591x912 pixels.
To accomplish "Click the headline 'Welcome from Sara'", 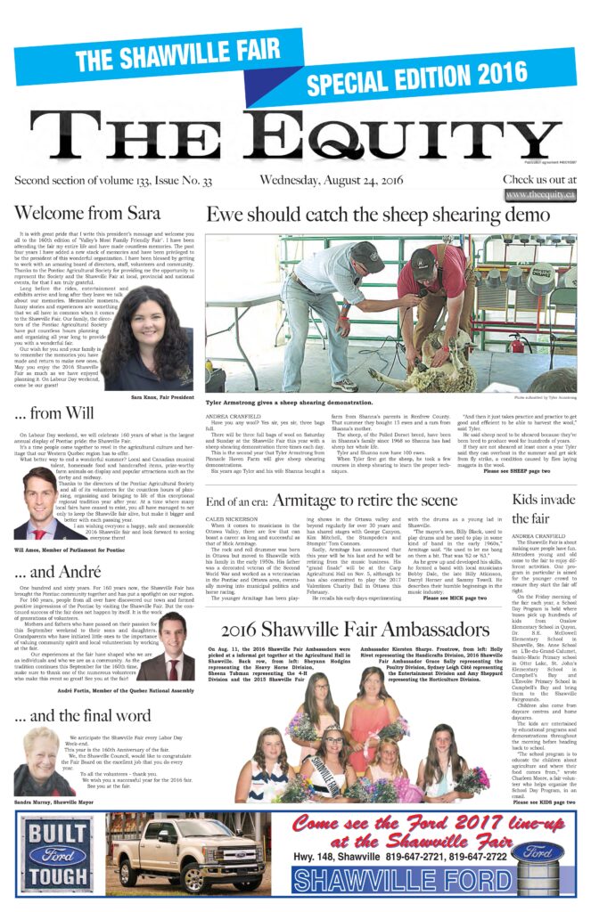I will pos(87,214).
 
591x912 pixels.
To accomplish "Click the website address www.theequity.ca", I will pos(538,195).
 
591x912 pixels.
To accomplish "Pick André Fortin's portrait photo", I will pos(176,647).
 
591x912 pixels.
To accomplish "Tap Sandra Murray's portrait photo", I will pos(40,761).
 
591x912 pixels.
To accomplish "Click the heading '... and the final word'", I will pos(83,714).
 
